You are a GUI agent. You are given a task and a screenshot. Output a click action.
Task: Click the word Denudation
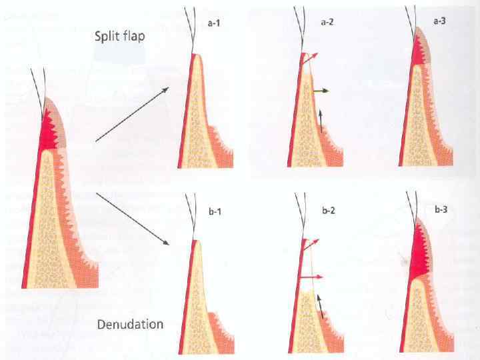[x=130, y=325]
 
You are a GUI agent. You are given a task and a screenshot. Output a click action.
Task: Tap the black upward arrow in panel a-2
[x=321, y=121]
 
